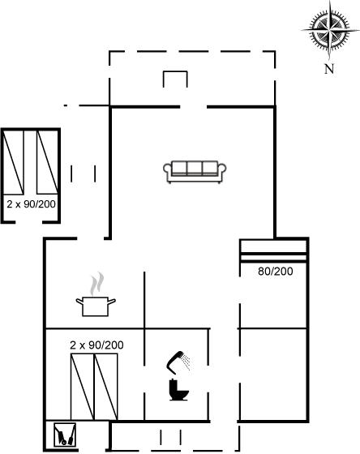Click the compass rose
coord(330,29)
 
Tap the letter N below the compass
coord(329,69)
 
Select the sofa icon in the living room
coord(195,172)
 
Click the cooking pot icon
coord(96,306)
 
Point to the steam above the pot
coord(96,283)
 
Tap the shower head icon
coord(178,362)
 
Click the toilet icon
coord(178,390)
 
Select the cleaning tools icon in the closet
coord(65,435)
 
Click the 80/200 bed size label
coord(275,272)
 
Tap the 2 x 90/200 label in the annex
coord(32,204)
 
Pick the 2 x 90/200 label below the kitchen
coord(96,345)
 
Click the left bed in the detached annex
coord(13,162)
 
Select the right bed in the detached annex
coord(47,162)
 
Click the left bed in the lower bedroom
coord(83,387)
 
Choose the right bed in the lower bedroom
coord(105,387)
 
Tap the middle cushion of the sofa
coord(195,168)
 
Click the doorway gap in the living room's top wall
coord(194,107)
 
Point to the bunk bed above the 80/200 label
coord(274,251)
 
